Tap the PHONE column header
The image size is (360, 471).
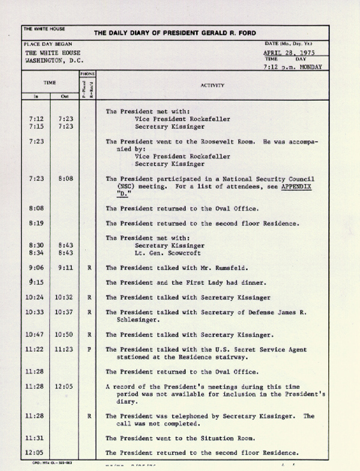tap(88, 74)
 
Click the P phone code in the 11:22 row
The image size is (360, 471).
tap(89, 350)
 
